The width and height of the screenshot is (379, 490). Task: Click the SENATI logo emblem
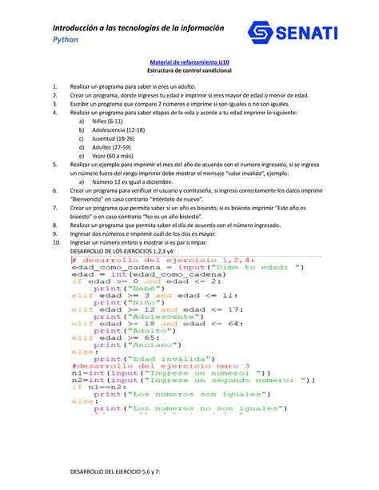265,34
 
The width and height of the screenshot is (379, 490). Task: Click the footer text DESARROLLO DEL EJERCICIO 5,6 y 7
116,473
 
